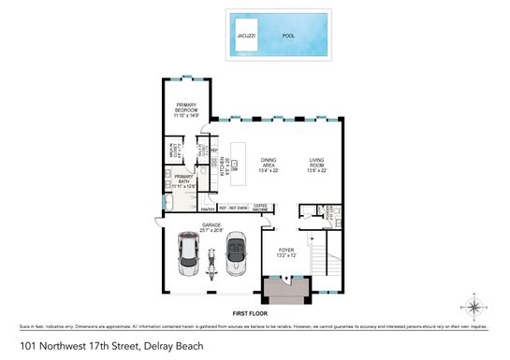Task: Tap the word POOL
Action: (x=288, y=36)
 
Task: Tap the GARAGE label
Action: (x=211, y=224)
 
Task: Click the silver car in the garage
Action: (x=188, y=253)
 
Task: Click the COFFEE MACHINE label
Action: (x=262, y=208)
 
